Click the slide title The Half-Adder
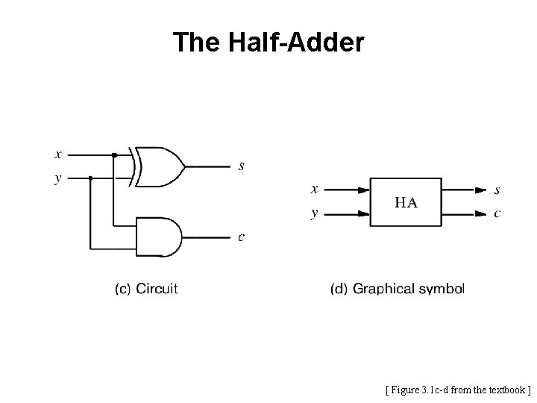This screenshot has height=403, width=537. [268, 43]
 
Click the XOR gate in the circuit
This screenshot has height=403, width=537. [160, 166]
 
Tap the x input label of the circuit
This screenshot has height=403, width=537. [58, 154]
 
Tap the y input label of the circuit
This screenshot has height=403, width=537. [58, 179]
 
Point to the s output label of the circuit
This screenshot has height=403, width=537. [240, 166]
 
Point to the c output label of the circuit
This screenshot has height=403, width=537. [240, 238]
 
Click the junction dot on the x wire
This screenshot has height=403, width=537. [114, 155]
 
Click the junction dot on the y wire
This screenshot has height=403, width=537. [90, 178]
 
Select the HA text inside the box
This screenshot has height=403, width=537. [406, 201]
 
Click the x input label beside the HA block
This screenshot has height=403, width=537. [314, 190]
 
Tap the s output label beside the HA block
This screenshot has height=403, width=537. [497, 190]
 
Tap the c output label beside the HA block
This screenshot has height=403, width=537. [497, 213]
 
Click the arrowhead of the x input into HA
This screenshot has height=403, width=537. [364, 190]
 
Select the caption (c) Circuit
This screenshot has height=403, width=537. [146, 288]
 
